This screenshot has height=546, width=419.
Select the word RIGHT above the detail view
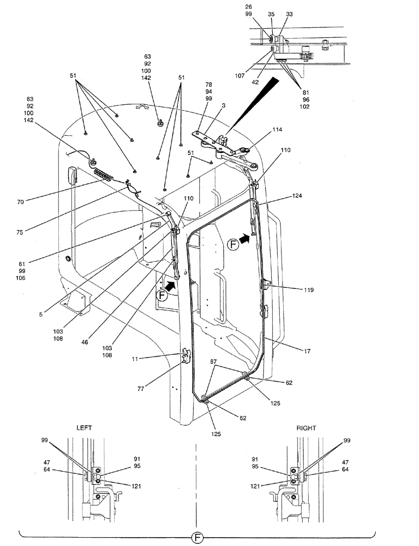tap(306, 429)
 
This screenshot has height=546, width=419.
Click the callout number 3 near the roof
tap(224, 105)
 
